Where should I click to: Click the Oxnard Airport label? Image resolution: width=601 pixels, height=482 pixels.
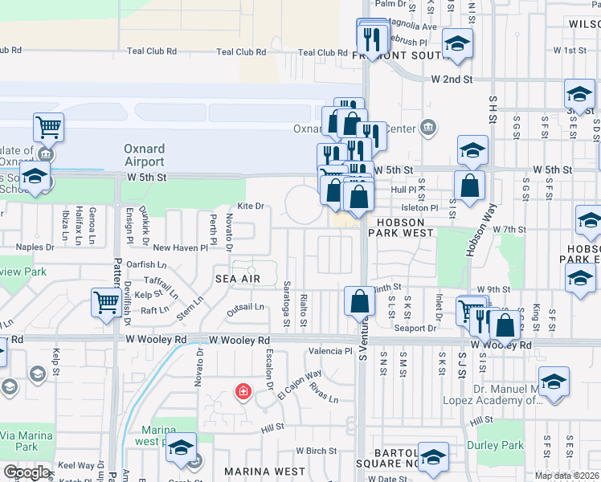[x=144, y=154]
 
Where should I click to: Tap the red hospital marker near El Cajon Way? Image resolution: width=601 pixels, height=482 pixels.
[x=241, y=393]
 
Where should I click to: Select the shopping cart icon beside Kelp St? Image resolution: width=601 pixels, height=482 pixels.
[x=106, y=302]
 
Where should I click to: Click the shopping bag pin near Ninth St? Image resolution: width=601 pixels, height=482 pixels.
[x=360, y=302]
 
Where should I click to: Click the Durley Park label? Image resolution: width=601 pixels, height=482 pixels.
[x=500, y=445]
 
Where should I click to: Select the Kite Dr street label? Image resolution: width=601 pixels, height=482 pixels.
[x=251, y=206]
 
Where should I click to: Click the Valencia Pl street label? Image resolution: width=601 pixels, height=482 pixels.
[x=331, y=351]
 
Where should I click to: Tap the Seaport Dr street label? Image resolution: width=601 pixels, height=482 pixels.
[x=415, y=328]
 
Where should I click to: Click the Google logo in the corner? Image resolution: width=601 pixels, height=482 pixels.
[x=27, y=472]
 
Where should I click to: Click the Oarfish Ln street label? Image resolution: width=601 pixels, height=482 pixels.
[x=146, y=263]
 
